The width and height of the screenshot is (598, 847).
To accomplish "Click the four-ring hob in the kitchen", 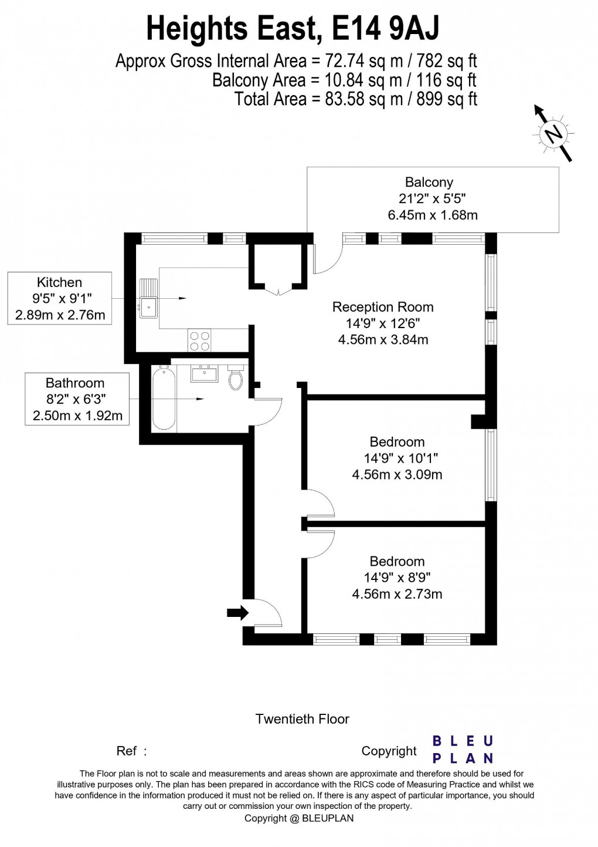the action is tap(199, 340).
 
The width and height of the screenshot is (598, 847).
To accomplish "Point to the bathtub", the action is tap(163, 397).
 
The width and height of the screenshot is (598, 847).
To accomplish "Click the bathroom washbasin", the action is tap(204, 374).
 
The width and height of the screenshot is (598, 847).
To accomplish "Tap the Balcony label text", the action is tap(429, 183).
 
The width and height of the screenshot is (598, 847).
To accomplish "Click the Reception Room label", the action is tap(383, 307).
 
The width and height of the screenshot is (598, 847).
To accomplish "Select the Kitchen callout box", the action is tap(60, 298).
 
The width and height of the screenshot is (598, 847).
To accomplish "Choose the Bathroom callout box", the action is tap(77, 399).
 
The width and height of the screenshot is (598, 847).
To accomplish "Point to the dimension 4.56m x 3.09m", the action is tap(397, 474).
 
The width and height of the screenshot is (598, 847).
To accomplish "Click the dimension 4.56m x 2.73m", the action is tap(397, 594).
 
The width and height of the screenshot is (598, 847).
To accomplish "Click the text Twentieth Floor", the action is tap(302, 719).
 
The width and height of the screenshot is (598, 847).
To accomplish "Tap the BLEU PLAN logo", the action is tap(463, 753).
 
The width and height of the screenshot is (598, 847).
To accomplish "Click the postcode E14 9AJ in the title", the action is tap(386, 29).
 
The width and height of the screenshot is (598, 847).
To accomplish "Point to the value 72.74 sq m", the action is tap(349, 61).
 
